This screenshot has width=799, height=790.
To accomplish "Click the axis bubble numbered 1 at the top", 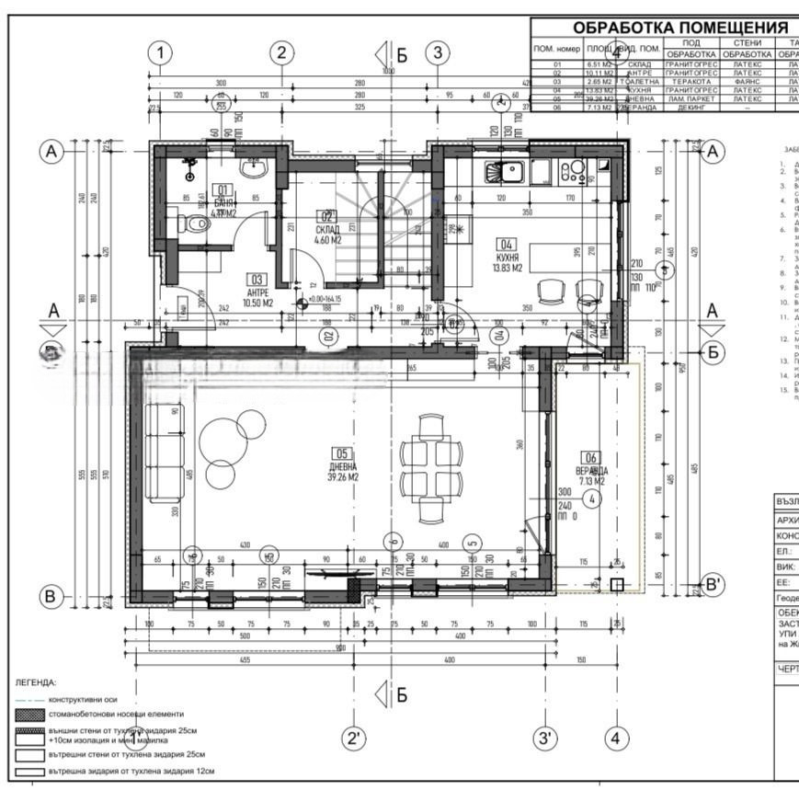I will click(x=162, y=52).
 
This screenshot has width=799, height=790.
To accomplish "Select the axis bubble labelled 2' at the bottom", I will click(x=353, y=738).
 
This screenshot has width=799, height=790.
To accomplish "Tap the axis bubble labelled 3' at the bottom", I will click(x=545, y=738).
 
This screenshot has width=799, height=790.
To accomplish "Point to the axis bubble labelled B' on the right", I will click(x=712, y=584).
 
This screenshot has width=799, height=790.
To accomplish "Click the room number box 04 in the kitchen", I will click(x=507, y=245).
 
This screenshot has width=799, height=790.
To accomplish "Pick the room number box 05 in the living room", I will click(x=342, y=453).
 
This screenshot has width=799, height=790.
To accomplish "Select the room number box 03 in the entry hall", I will click(x=257, y=279).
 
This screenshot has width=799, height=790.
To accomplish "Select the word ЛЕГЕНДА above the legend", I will click(x=36, y=683).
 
